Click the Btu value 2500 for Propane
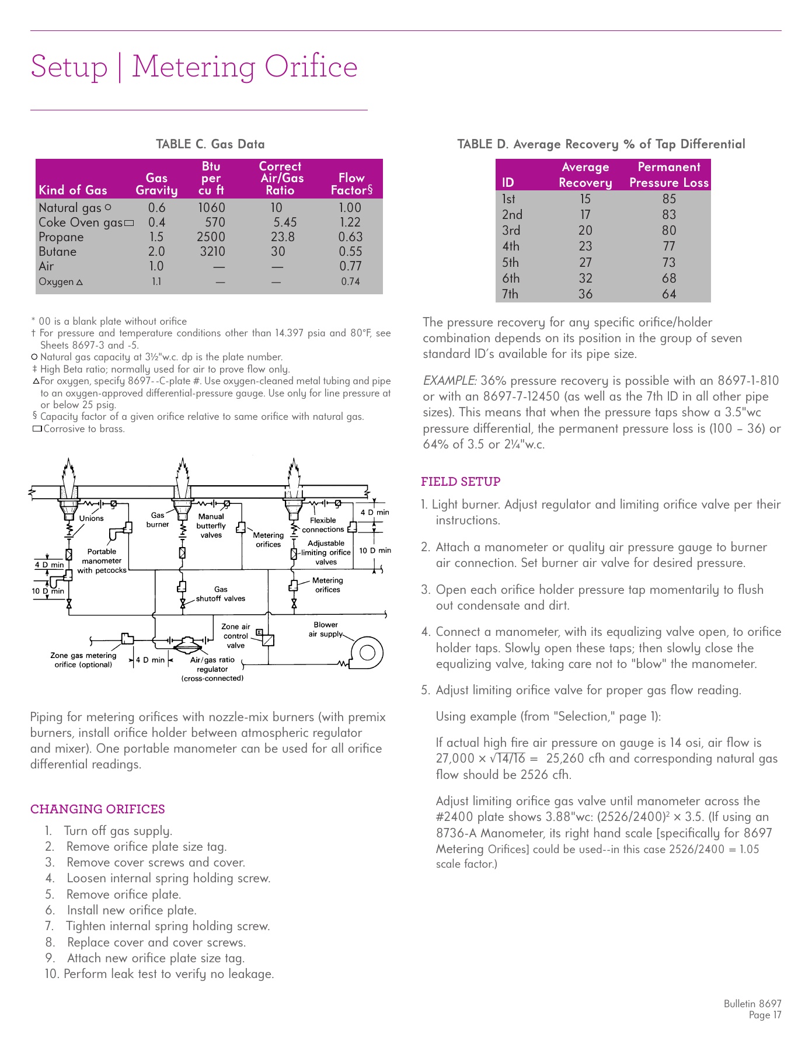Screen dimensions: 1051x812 pos(211,237)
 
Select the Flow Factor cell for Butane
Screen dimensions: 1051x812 pos(350,252)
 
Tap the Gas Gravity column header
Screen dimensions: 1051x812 pos(156,184)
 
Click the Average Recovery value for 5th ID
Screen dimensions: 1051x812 pos(585,263)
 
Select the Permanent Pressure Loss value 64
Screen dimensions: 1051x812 pos(669,294)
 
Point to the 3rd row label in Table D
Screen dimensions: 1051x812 pos(511,231)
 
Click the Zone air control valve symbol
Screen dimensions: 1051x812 pos(268,639)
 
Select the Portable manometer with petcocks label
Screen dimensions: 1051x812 pos(102,561)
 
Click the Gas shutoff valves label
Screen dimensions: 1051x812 pos(221,594)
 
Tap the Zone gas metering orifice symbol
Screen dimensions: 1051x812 pos(127,638)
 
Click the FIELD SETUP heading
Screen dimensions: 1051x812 pos(461,482)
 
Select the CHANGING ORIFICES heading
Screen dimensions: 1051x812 pos(97,809)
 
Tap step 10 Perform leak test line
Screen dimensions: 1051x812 pos(159,974)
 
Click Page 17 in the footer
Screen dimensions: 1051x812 pos(765,1015)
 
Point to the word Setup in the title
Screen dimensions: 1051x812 pos(69,67)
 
